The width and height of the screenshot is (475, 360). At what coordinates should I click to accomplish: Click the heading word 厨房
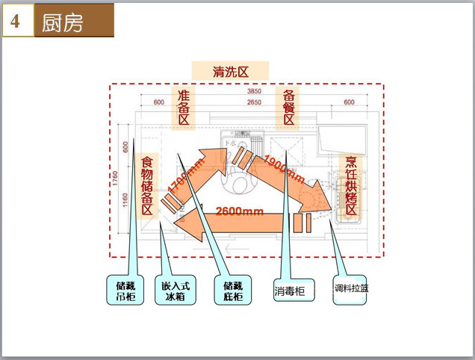pyautogui.click(x=63, y=23)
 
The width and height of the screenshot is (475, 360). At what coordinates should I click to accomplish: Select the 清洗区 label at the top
pyautogui.click(x=230, y=71)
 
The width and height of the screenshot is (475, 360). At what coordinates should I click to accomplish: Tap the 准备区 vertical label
pyautogui.click(x=184, y=110)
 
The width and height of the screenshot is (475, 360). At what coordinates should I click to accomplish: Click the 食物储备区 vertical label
pyautogui.click(x=146, y=186)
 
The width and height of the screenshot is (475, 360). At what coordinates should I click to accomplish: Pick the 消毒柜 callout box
pyautogui.click(x=291, y=290)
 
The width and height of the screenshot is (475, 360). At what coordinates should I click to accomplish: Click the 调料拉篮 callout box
pyautogui.click(x=351, y=290)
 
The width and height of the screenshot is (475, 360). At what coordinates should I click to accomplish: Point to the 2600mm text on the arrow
pyautogui.click(x=240, y=211)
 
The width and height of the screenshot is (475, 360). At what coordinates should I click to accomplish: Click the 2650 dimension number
pyautogui.click(x=254, y=102)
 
